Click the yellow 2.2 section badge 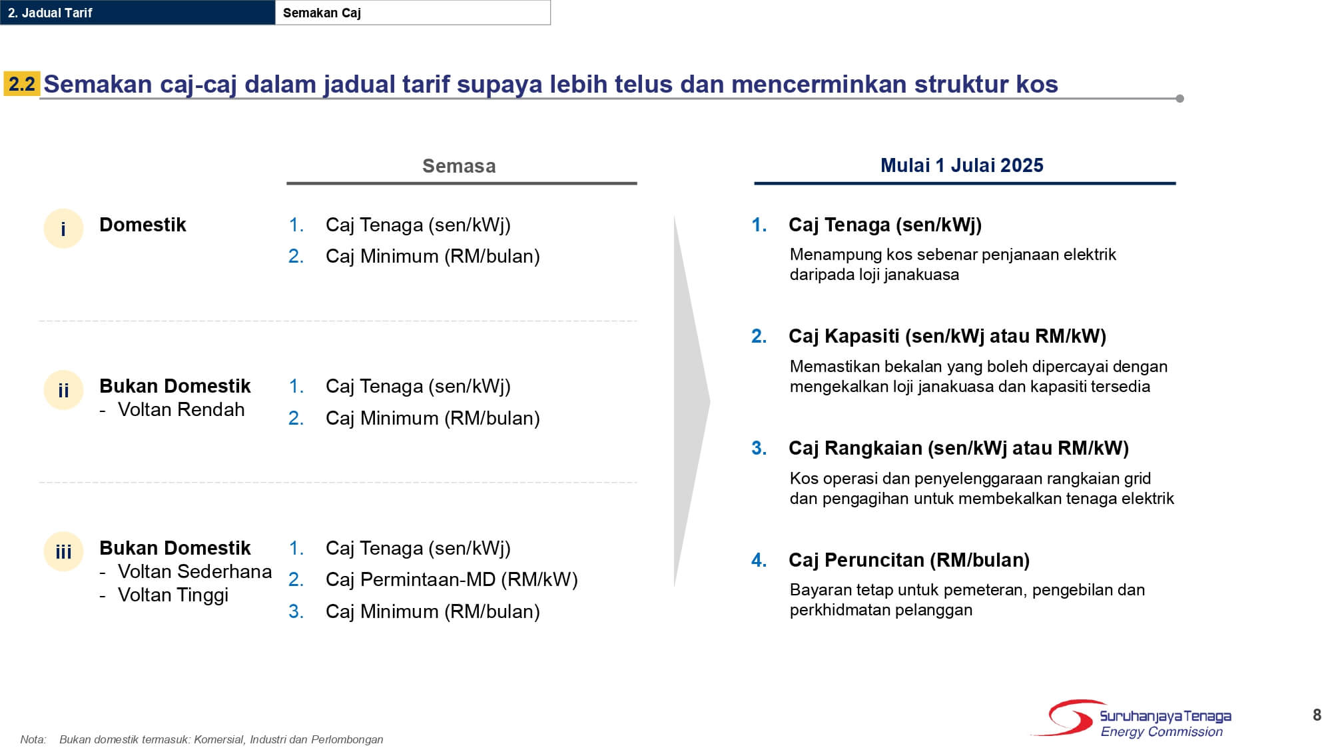tap(22, 84)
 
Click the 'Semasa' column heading tap(459, 166)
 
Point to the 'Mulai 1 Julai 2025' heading tap(962, 165)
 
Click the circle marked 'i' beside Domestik tap(63, 229)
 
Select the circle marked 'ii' tap(63, 390)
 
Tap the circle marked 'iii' tap(63, 551)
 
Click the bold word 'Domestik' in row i tap(143, 225)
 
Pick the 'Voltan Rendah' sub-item tap(180, 409)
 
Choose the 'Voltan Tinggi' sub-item tap(172, 595)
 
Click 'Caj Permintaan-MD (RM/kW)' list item tap(452, 579)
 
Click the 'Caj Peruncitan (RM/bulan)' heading tap(908, 560)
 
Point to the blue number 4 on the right tap(759, 560)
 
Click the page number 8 tap(1317, 715)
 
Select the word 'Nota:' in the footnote tap(33, 739)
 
